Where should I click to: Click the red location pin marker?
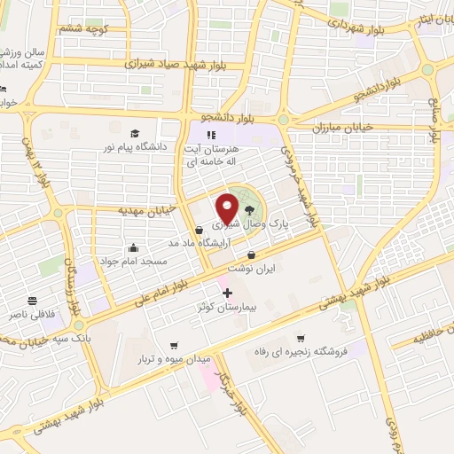[228, 208]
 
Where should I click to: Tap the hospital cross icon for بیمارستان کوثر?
[227, 293]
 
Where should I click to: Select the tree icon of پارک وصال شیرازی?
[250, 210]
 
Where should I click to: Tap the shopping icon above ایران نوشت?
[251, 255]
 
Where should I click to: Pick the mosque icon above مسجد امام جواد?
[133, 247]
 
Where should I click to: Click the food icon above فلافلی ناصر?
[32, 301]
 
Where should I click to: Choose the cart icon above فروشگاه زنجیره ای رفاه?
[301, 337]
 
